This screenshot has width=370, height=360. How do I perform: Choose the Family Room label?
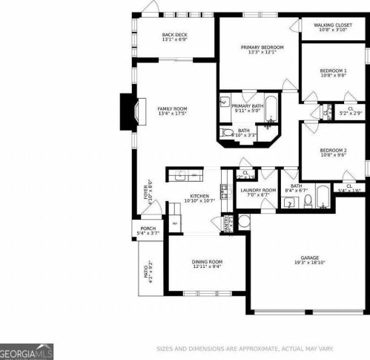click(172, 109)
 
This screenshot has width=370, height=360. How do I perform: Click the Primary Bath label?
click(248, 106)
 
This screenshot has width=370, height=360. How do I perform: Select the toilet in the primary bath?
click(227, 134)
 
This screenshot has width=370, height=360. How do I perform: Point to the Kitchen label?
click(198, 197)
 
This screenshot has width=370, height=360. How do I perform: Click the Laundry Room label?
click(258, 191)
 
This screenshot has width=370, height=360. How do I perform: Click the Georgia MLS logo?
click(27, 352)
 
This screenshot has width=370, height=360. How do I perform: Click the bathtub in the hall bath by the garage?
click(324, 197)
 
